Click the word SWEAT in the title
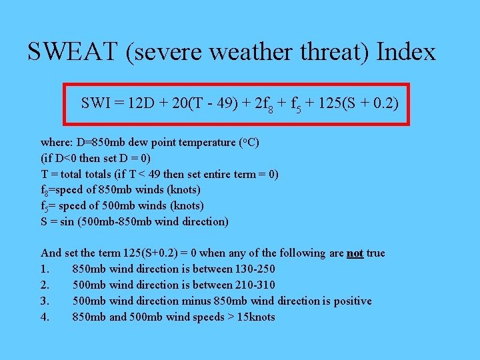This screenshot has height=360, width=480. pyautogui.click(x=73, y=51)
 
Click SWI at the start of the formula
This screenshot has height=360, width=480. pyautogui.click(x=96, y=103)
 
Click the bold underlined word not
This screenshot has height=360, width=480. pyautogui.click(x=355, y=253)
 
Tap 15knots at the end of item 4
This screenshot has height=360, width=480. pyautogui.click(x=252, y=317)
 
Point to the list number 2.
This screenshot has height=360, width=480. pyautogui.click(x=44, y=285)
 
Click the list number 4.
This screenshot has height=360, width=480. pyautogui.click(x=44, y=317)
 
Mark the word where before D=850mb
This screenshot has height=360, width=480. pyautogui.click(x=55, y=142)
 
